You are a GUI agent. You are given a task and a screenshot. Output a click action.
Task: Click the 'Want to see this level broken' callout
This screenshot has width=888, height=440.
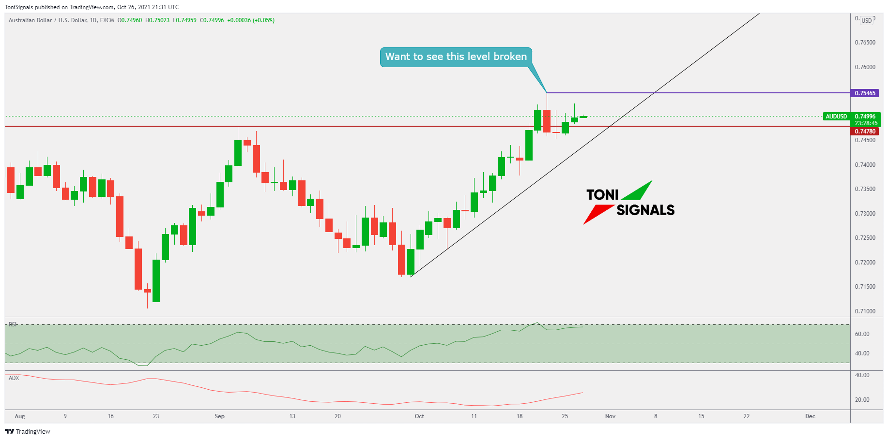tap(456, 57)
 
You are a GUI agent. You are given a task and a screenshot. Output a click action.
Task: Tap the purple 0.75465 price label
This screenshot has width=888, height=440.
tap(865, 93)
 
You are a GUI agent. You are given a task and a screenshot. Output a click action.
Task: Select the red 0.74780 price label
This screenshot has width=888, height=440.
tap(865, 132)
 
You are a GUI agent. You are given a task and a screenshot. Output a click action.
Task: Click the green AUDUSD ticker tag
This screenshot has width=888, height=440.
tap(836, 117)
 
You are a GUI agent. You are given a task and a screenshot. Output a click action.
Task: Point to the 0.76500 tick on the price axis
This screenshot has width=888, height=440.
tap(865, 43)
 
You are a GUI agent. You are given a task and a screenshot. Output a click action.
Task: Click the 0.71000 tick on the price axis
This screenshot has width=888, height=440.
tap(865, 311)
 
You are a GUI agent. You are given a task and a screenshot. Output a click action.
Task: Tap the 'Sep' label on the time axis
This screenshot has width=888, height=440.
tap(219, 416)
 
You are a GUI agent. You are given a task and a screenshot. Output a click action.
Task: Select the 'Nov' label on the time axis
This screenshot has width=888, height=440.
tap(610, 416)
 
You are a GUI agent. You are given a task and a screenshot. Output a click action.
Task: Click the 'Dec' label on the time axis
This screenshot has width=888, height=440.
tap(810, 416)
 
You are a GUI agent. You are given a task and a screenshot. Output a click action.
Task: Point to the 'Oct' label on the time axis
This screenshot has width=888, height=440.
tap(419, 416)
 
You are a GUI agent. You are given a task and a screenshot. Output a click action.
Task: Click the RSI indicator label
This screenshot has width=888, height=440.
tap(13, 324)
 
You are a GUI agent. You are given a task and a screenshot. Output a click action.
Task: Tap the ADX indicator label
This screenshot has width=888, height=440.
tap(14, 378)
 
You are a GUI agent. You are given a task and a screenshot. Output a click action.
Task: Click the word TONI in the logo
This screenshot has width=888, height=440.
tap(602, 195)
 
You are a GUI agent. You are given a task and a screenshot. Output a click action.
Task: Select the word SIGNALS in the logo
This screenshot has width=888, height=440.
tap(645, 210)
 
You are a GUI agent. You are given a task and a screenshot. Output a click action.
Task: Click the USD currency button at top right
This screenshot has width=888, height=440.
tap(866, 21)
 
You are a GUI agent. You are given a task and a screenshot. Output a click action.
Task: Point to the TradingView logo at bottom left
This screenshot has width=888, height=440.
tap(28, 431)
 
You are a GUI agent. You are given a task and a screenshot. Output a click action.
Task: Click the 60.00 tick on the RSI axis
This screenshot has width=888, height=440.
tap(862, 334)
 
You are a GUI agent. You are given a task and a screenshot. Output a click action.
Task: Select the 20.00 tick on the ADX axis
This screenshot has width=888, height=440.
tap(862, 400)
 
